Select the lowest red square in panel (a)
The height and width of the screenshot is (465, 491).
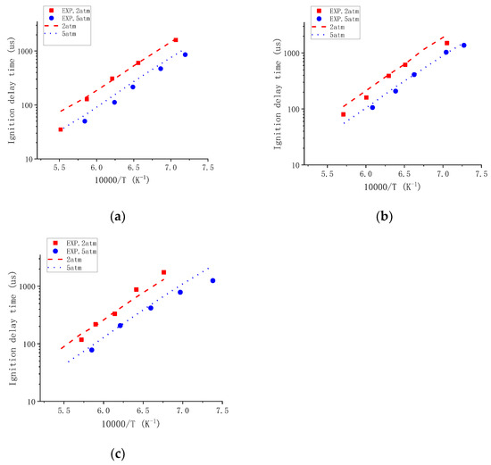click(61, 129)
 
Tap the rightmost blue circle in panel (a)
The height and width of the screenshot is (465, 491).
click(185, 54)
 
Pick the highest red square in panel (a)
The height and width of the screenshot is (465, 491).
click(176, 40)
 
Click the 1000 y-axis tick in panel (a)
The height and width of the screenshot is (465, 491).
click(47, 51)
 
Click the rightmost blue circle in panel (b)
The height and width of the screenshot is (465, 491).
click(463, 45)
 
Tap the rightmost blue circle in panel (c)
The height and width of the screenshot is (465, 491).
click(212, 280)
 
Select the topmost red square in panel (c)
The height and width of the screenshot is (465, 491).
click(163, 272)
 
